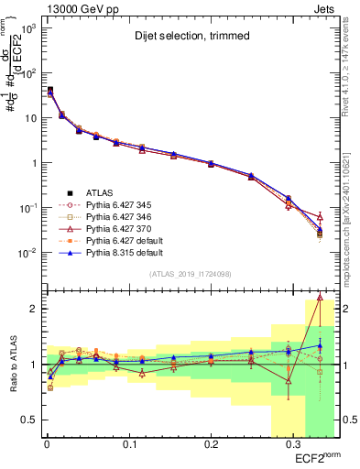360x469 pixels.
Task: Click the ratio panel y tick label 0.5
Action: click(29, 420)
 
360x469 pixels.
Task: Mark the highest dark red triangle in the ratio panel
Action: click(320, 297)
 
